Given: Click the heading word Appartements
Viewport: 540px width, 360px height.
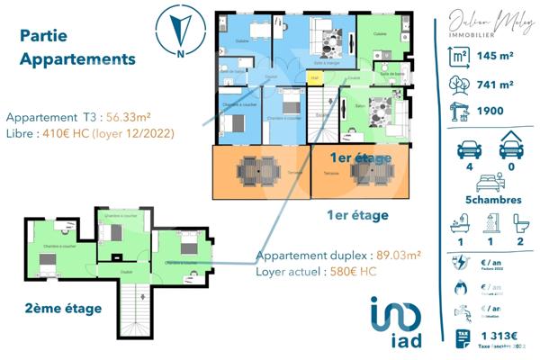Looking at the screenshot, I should click(x=77, y=59).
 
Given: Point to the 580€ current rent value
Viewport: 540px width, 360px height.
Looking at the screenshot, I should click(x=352, y=270).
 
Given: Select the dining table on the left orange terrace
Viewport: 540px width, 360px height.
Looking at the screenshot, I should click(x=260, y=170).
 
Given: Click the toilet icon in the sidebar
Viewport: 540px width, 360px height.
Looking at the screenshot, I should click(x=517, y=220).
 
